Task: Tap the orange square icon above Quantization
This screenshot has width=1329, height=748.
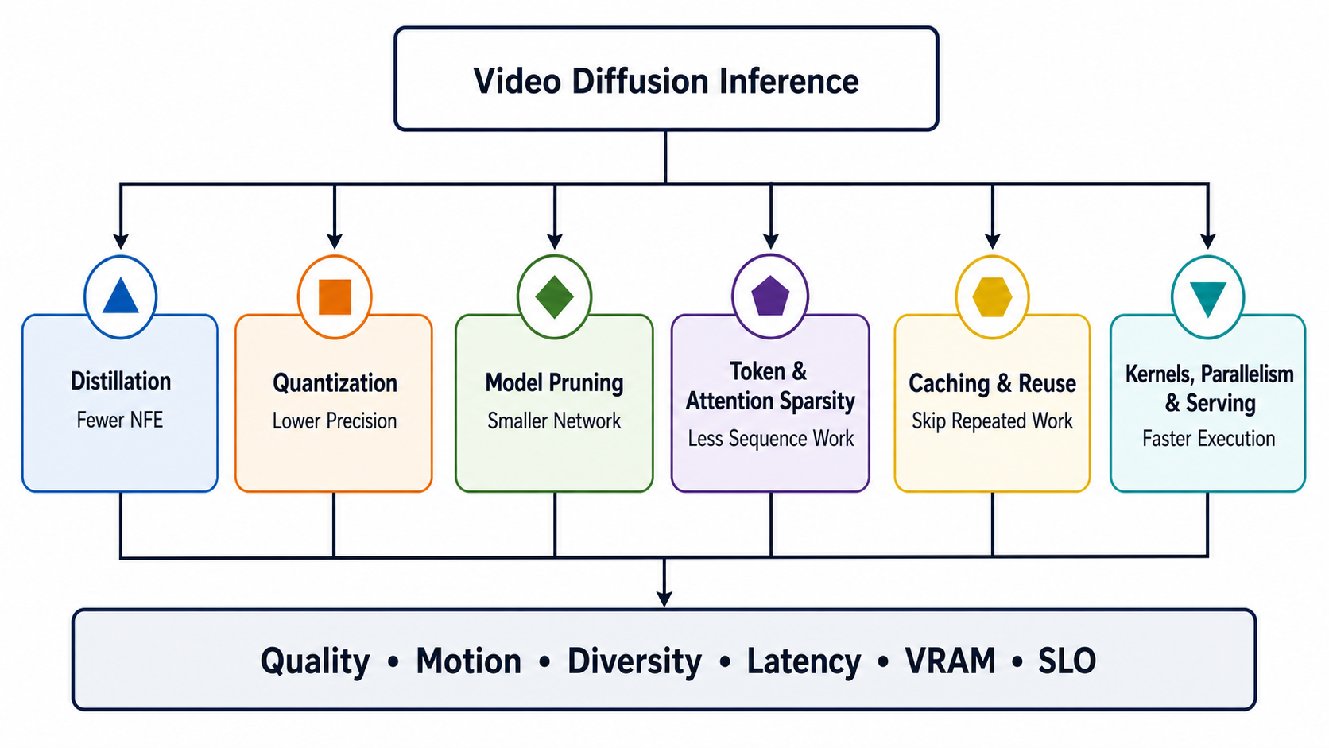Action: point(335,296)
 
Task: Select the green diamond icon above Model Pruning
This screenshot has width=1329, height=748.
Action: point(554,296)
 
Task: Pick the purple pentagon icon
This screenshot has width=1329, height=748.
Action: point(770,295)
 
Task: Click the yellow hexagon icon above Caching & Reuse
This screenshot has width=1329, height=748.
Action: point(992,296)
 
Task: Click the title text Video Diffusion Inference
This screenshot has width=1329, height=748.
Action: point(665,80)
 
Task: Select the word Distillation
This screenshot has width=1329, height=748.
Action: point(121,381)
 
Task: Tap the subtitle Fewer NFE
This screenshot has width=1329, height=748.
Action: point(120,420)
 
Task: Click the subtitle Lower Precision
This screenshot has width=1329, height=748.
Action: point(335,421)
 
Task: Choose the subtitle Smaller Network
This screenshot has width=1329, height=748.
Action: point(554,421)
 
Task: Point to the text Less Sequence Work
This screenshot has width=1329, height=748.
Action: point(771,439)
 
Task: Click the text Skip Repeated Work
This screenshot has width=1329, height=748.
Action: point(992,421)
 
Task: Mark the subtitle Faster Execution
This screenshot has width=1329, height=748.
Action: point(1208,439)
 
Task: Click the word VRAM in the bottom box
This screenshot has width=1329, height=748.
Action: point(950,661)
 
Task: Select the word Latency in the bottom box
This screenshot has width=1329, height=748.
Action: point(804,662)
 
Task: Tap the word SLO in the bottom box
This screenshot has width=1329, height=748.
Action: point(1067,661)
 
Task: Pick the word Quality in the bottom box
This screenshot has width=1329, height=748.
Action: point(315,662)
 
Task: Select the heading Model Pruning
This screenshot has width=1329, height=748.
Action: point(554,383)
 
